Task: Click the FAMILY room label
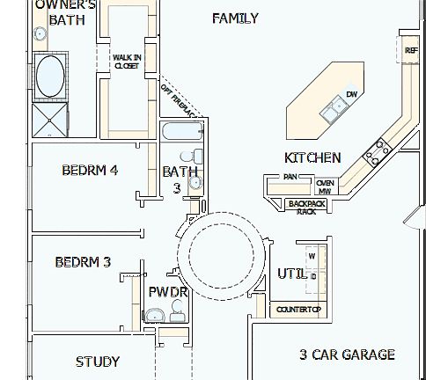click(235, 18)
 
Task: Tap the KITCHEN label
click(312, 157)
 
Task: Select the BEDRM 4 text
click(90, 170)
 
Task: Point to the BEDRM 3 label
click(83, 261)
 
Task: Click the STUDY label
click(98, 361)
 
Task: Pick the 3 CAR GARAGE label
click(346, 354)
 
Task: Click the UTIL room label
click(291, 274)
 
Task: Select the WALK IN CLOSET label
click(126, 62)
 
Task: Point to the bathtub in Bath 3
click(182, 133)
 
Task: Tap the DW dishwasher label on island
click(351, 94)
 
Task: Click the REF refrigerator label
click(411, 51)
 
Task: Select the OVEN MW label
click(325, 186)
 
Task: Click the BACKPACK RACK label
click(306, 207)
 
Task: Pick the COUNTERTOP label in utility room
click(298, 310)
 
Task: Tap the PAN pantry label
click(290, 177)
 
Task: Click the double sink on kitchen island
click(334, 109)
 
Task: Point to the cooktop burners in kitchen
click(378, 151)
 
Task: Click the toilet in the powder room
click(179, 308)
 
